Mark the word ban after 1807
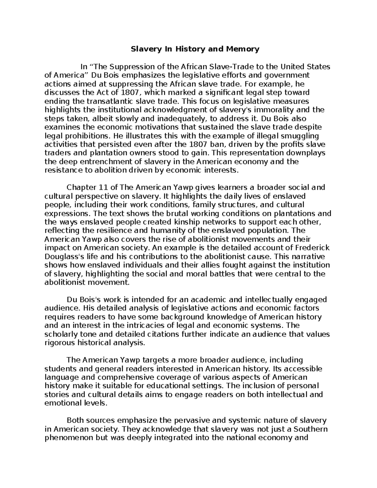(216, 145)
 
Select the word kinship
(180, 222)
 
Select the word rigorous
(58, 343)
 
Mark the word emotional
(60, 403)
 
